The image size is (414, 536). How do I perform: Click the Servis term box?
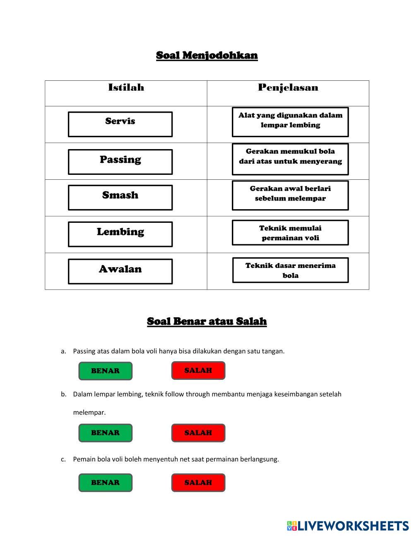coord(120,124)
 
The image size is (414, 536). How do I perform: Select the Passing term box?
coord(120,162)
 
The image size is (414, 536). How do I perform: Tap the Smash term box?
coord(120,197)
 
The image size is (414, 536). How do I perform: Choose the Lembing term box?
coord(120,234)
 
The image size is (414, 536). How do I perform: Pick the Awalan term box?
coord(120,271)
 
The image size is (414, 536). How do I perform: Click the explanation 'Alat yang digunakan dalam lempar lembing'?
coord(290,122)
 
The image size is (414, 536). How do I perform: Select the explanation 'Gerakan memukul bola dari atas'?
coord(290,159)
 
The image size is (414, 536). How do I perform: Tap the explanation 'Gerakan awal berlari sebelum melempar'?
coord(290,195)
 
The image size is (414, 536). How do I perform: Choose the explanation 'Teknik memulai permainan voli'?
coord(290,233)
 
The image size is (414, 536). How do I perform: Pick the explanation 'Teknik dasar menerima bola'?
coord(290,270)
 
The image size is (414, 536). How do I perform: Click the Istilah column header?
coord(126,87)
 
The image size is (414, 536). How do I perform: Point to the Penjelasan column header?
coord(288,87)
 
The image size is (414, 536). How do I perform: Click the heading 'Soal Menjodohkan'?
coord(207,55)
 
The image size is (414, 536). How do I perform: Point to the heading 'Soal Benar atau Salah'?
coord(207,321)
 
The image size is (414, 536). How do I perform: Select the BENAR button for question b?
coord(106,433)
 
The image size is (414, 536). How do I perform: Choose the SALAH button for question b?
coord(198,433)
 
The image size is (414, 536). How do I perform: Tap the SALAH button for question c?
coord(198,483)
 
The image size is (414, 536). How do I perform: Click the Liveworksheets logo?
coord(348,526)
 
